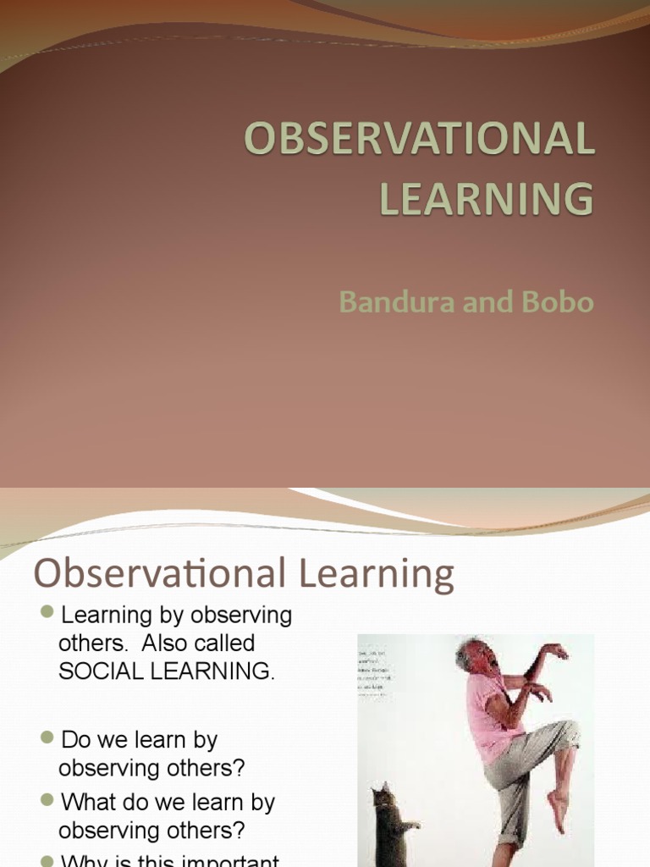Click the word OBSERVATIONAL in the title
419,140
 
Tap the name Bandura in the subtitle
388,302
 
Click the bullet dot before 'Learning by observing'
47,612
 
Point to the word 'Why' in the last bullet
84,859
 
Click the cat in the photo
389,826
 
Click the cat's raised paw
413,824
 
